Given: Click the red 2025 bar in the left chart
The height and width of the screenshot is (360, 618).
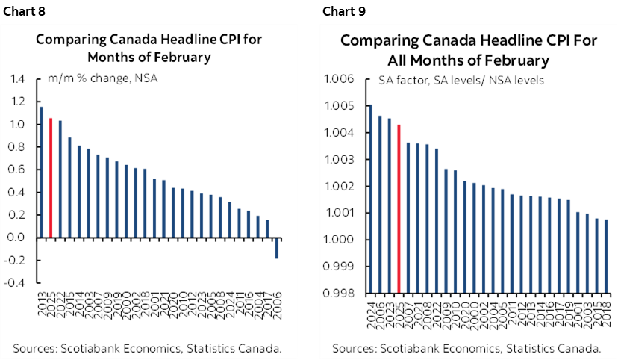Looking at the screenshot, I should [x=51, y=178].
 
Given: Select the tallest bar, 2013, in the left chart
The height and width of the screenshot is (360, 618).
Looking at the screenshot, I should [x=41, y=172].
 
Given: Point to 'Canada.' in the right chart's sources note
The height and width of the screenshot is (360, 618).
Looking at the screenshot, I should [x=580, y=348].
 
